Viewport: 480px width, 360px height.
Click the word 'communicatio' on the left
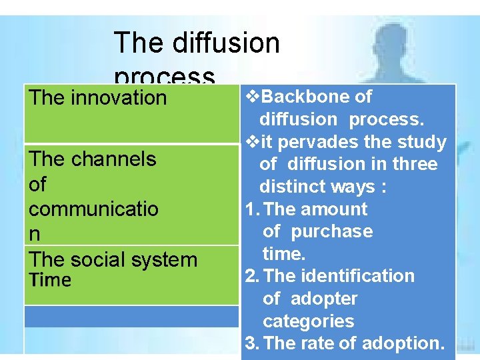coord(93,209)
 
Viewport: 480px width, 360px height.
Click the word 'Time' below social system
coord(49,280)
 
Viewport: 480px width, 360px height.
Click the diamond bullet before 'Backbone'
coord(252,97)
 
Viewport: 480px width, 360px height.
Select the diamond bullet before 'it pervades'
coord(252,142)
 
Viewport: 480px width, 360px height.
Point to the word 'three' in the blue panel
coord(415,165)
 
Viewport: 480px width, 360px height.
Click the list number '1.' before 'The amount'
coord(251,209)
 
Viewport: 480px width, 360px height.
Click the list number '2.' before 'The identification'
coord(251,276)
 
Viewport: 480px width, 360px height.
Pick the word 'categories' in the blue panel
coord(308,321)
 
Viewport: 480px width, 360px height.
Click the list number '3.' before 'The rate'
coord(251,343)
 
